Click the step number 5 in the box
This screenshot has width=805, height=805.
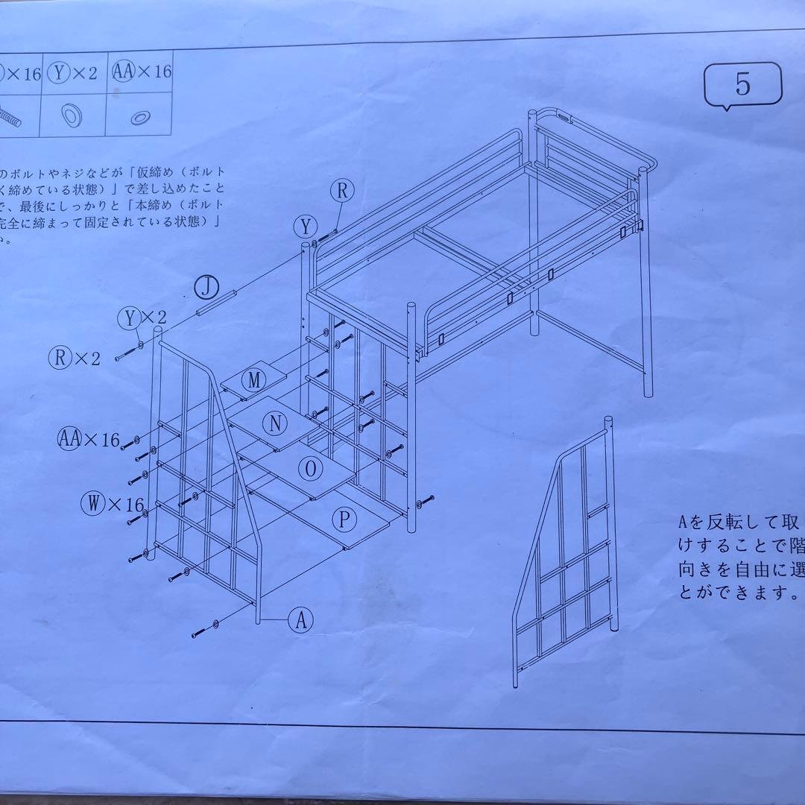point(742,85)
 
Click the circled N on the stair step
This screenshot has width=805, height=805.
point(277,423)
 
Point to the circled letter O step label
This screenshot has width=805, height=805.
point(310,469)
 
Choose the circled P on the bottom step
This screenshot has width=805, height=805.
point(344,520)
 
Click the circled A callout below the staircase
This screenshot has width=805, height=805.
point(301,620)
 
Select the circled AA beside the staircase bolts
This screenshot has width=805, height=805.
point(69,439)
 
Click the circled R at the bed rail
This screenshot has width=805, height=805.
point(342,191)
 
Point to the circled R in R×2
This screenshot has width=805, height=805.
point(60,357)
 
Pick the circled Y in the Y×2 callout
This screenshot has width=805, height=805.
point(130,318)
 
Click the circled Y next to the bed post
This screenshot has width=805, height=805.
point(306,225)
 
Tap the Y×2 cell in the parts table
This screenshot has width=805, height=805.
point(73,72)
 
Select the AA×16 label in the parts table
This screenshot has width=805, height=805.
point(142,72)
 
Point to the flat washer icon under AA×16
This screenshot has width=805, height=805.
point(139,117)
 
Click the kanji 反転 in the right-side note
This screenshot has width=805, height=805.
point(727,521)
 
